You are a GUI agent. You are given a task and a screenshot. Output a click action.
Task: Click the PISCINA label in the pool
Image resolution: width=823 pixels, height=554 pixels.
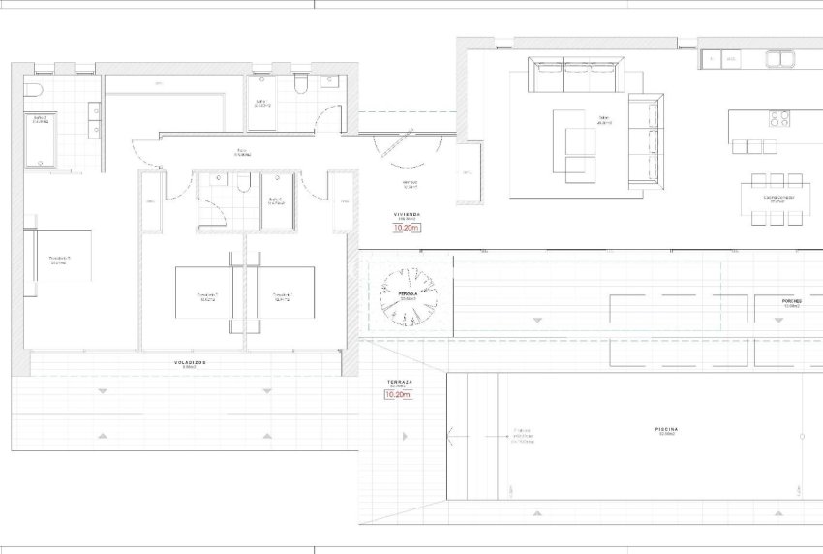click(665, 428)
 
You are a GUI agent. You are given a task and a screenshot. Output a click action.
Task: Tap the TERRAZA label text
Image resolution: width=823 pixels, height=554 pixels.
click(400, 383)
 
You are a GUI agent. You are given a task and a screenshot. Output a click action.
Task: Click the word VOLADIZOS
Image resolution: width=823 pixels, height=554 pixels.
click(190, 363)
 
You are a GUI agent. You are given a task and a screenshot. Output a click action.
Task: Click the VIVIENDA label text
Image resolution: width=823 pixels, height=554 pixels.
click(407, 214)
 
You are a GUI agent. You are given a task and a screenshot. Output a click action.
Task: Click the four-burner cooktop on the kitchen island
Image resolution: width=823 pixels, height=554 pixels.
click(780, 119)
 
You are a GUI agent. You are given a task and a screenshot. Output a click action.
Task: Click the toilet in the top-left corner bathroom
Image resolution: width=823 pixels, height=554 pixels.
click(32, 91)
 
